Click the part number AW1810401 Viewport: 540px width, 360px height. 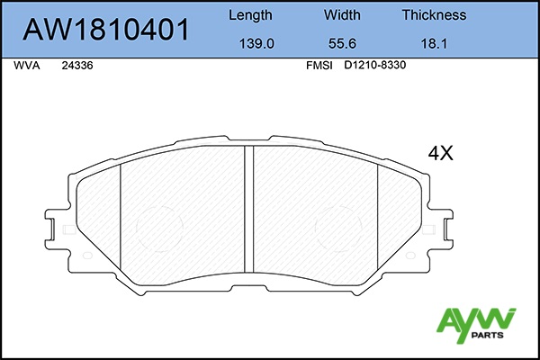click(x=105, y=30)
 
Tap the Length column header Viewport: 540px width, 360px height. click(x=250, y=15)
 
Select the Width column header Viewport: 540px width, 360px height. click(x=342, y=14)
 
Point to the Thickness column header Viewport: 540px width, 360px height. click(x=434, y=14)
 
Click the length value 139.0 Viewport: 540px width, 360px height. click(x=256, y=44)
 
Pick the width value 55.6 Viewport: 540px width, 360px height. click(x=342, y=44)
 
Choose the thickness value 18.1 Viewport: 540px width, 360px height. click(x=434, y=44)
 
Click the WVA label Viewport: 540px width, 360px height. click(x=26, y=66)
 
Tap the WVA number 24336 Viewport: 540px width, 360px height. click(x=77, y=66)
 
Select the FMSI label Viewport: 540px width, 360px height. click(x=319, y=66)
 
